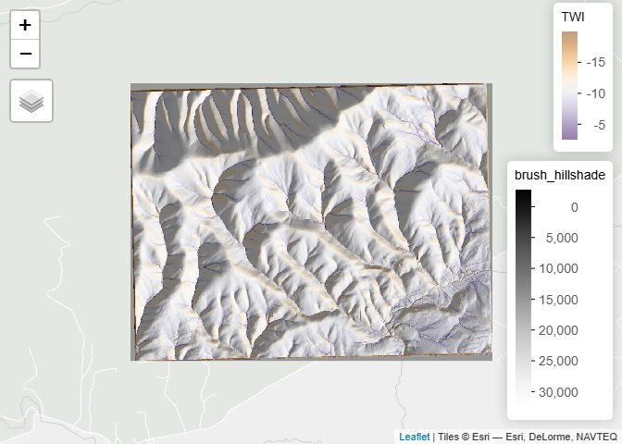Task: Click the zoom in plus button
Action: [x=25, y=25]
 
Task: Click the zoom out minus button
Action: [x=25, y=54]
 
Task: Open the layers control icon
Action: [x=31, y=100]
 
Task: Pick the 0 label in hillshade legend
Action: [x=574, y=207]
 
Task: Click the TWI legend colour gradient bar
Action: [x=570, y=85]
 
